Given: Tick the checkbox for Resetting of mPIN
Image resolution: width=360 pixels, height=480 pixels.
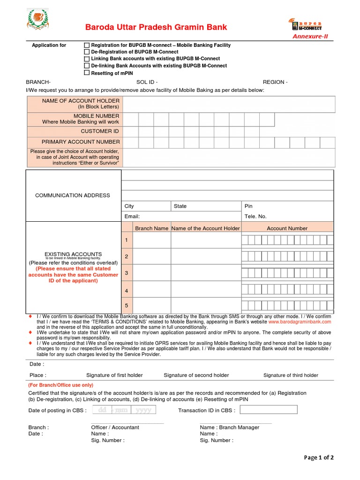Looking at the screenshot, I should (x=87, y=73).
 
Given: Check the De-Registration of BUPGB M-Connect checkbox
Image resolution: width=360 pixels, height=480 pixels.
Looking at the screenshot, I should (x=87, y=52).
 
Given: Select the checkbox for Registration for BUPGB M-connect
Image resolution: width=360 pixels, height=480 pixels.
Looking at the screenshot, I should (x=87, y=45).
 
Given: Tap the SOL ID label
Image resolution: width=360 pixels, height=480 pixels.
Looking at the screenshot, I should (x=147, y=82).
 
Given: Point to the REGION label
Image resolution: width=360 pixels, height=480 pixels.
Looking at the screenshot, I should (x=275, y=82).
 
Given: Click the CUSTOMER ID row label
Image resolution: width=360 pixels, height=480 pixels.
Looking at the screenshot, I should (x=100, y=131).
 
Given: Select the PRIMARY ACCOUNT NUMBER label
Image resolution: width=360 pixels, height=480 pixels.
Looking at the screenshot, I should (x=81, y=142).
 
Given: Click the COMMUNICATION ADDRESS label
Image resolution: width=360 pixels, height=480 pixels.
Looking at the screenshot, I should (x=73, y=195).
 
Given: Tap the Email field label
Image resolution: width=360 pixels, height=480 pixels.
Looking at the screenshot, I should (x=132, y=217).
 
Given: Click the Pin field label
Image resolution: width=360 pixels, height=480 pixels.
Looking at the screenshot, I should (x=248, y=206).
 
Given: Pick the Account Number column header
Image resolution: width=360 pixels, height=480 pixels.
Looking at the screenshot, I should (x=287, y=228).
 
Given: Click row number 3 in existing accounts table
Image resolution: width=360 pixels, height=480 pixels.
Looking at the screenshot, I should (x=126, y=273).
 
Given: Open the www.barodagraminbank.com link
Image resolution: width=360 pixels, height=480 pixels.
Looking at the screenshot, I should (x=300, y=322).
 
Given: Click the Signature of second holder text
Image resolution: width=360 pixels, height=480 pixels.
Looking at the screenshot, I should (x=196, y=375).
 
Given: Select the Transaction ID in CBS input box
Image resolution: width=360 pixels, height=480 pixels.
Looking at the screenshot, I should (x=269, y=410).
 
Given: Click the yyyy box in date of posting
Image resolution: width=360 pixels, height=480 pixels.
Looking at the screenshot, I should (x=143, y=410).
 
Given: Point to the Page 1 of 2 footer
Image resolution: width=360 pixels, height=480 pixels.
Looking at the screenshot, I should (x=319, y=457).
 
